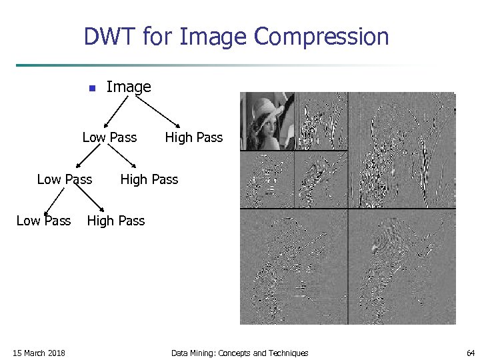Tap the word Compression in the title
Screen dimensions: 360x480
pos(322,37)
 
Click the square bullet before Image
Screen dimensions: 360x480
pos(91,88)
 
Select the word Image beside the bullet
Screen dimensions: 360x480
pos(129,87)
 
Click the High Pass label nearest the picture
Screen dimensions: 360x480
pos(193,137)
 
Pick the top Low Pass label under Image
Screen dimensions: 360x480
pos(109,137)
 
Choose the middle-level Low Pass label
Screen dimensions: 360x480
pos(65,179)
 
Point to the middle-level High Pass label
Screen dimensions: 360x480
pos(149,179)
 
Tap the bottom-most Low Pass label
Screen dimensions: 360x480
pos(43,221)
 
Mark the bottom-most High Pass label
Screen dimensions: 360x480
pos(115,221)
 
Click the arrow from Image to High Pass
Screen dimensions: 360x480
pos(159,111)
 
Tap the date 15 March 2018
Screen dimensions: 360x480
pos(39,353)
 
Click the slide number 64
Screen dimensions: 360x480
pos(471,353)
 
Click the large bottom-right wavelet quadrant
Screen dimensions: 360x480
pos(401,267)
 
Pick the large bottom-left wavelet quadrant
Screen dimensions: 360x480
pos(293,267)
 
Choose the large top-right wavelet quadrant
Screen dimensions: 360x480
pos(401,150)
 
